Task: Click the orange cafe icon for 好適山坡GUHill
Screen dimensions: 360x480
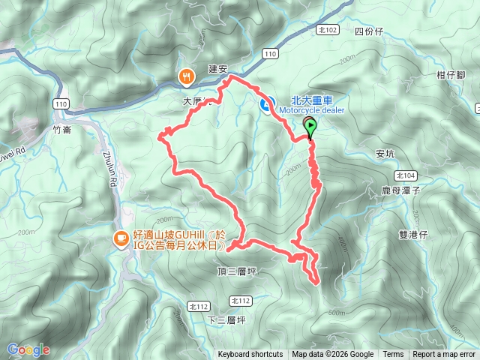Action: pos(120,238)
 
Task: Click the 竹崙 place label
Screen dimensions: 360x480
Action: pos(64,129)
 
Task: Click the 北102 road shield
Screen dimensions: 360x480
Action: pos(328,30)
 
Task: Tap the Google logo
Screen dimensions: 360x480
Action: pos(28,349)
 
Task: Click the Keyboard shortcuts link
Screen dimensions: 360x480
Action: pos(250,355)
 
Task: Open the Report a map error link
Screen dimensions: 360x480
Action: pos(445,355)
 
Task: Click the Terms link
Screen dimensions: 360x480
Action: pos(393,355)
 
